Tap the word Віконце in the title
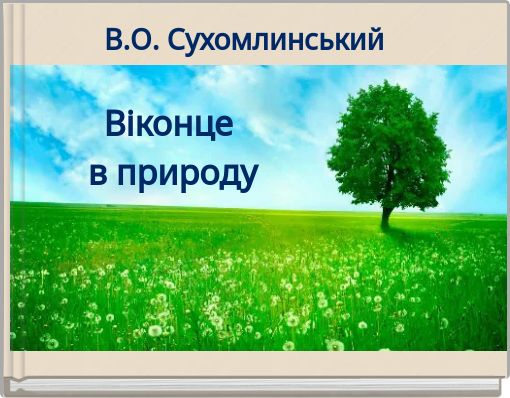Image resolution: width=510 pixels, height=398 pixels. click(x=169, y=126)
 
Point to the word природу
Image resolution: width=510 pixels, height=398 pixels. click(x=188, y=174)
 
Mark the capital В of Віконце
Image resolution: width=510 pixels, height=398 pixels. click(x=116, y=125)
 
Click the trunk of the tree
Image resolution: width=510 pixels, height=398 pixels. click(x=385, y=214)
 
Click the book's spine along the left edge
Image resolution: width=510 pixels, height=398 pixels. click(x=7, y=200)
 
